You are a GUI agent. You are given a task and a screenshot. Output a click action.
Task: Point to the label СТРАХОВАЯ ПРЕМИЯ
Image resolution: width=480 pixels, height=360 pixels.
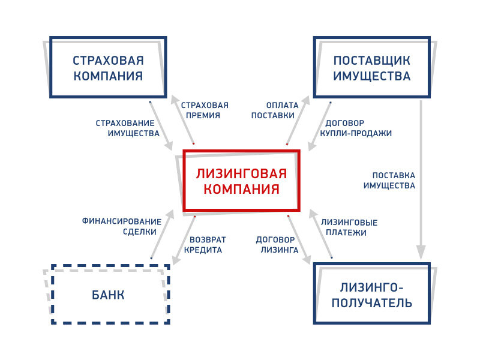click(x=205, y=110)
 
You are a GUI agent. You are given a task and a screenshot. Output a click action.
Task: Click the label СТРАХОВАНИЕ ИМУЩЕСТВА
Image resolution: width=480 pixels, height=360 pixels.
click(x=128, y=128)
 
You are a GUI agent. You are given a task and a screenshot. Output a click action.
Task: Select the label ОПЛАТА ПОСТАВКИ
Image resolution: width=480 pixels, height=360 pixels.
click(x=275, y=110)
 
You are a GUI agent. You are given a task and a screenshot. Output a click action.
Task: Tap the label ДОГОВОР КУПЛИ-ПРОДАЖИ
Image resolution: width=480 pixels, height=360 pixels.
click(x=356, y=128)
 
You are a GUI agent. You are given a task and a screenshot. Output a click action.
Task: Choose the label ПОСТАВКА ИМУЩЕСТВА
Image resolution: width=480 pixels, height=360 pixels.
click(x=389, y=181)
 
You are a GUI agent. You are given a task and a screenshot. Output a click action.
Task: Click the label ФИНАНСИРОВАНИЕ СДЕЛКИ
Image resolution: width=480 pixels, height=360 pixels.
click(x=122, y=227)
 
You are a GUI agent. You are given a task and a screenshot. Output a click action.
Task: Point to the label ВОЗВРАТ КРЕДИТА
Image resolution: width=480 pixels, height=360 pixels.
click(x=205, y=245)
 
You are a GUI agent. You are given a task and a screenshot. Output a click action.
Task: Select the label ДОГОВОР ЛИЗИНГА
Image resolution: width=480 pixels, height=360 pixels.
click(x=277, y=245)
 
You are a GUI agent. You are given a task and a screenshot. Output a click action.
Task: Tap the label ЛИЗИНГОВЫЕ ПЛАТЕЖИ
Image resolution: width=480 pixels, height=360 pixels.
click(x=349, y=227)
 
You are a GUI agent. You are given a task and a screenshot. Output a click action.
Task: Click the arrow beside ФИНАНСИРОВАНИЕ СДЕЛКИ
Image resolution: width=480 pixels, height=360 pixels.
click(x=163, y=234)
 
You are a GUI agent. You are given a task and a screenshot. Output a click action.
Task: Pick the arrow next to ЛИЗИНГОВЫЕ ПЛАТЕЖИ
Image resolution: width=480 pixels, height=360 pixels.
click(x=320, y=233)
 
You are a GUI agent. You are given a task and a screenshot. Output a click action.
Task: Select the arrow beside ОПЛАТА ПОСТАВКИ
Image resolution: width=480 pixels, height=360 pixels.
click(x=298, y=120)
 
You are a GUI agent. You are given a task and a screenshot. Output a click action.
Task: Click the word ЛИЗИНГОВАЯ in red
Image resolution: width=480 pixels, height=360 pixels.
click(x=241, y=174)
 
